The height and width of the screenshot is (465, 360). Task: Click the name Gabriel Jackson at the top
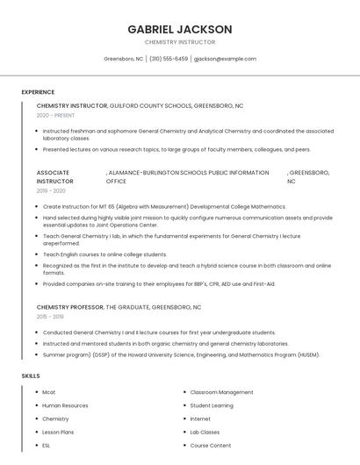(x=179, y=29)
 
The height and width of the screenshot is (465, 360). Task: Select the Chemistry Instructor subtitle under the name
(x=179, y=42)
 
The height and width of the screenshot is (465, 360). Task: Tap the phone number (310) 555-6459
(x=169, y=59)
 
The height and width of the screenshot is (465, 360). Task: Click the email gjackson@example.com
(x=225, y=59)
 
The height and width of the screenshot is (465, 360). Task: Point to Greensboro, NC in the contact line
(x=123, y=59)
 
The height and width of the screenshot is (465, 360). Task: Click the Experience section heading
(x=38, y=92)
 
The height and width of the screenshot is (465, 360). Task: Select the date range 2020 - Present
(x=55, y=115)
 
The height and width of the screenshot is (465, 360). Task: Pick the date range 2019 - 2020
(x=51, y=190)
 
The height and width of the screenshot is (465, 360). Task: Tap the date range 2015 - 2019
(x=50, y=317)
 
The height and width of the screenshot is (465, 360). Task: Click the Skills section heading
(x=31, y=376)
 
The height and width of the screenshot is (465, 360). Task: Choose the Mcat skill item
(x=49, y=392)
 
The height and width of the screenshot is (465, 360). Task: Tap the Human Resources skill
(x=65, y=405)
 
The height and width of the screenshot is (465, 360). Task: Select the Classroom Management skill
(x=221, y=392)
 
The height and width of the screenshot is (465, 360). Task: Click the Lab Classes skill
(x=205, y=432)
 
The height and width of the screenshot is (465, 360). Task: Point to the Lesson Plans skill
(x=58, y=432)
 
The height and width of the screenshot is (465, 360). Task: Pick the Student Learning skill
(x=212, y=405)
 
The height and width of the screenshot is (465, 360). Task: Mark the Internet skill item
(x=200, y=418)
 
